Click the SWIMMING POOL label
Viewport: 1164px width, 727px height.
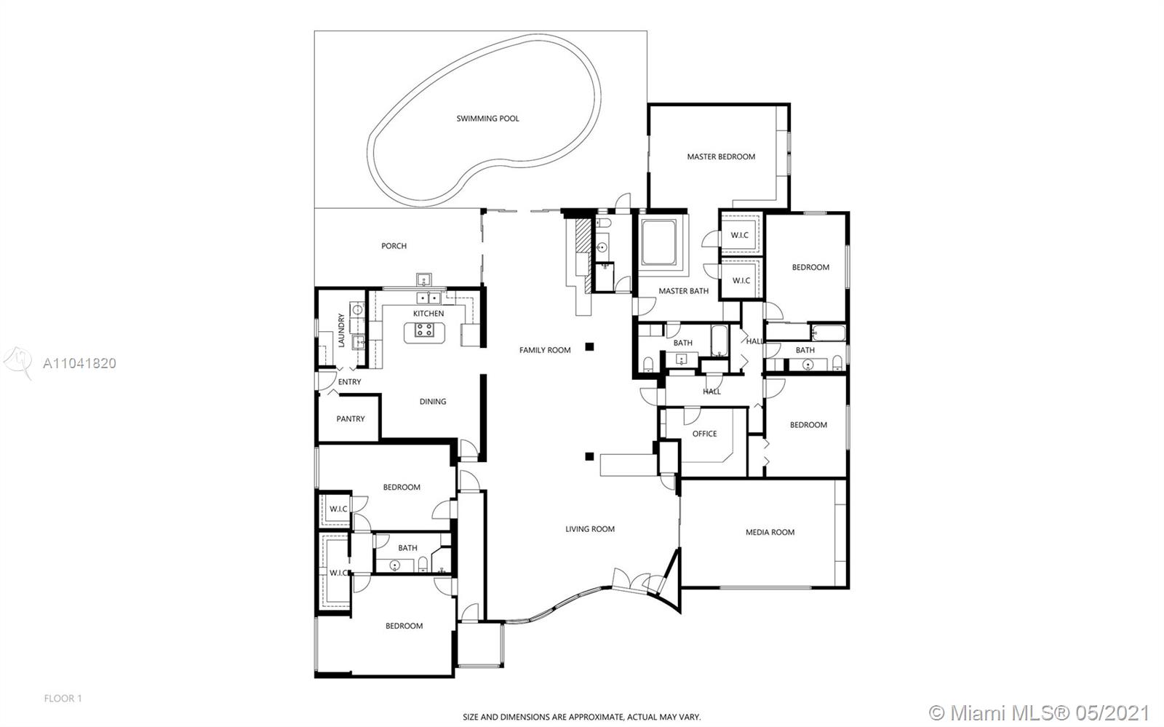[487, 119]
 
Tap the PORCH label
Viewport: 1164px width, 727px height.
[394, 246]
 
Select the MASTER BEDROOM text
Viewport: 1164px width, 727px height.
[721, 156]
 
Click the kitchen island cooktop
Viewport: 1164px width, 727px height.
[424, 330]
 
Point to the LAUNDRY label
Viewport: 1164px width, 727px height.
[341, 330]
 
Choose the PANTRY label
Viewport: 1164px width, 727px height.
[350, 419]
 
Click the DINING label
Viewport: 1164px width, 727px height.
[433, 401]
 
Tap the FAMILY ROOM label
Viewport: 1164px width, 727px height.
[545, 350]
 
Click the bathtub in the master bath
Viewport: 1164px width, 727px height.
[658, 242]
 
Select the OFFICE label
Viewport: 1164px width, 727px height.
[704, 434]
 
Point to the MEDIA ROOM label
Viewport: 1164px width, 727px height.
[770, 532]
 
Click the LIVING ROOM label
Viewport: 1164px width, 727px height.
[590, 529]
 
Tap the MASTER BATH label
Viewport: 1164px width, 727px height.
[683, 291]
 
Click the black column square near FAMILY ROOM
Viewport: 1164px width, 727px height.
[589, 346]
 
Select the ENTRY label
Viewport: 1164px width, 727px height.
[349, 382]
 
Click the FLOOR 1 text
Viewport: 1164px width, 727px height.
[63, 699]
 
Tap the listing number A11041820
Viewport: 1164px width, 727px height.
[79, 363]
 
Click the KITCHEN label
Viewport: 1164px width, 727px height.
[428, 314]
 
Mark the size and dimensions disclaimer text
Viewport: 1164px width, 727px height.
[581, 717]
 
